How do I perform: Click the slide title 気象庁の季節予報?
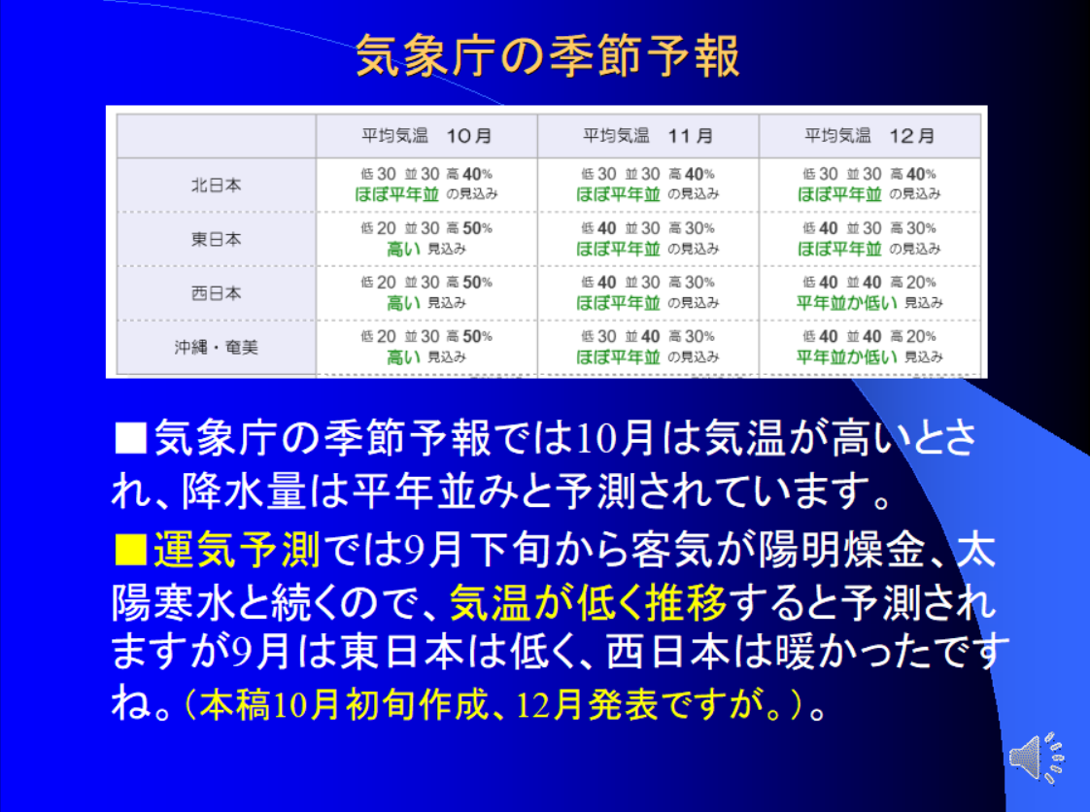(547, 55)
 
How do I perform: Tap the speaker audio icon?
(1037, 758)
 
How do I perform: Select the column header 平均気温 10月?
(426, 136)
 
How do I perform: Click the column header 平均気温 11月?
(648, 136)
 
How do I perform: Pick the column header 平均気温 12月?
(869, 136)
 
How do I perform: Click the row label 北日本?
(217, 185)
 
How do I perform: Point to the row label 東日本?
(217, 239)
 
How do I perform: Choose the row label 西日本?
(217, 293)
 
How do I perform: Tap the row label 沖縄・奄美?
(217, 347)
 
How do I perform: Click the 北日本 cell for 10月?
(426, 185)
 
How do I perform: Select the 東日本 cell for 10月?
(426, 239)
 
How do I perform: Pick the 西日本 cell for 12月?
(869, 292)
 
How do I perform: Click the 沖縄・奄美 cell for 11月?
(648, 347)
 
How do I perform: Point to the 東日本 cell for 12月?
(869, 239)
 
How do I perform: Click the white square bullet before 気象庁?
(130, 438)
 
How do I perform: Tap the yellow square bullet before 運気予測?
(130, 550)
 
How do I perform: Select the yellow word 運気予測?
(236, 549)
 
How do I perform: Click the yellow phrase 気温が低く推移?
(588, 602)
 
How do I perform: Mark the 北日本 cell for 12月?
(869, 185)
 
